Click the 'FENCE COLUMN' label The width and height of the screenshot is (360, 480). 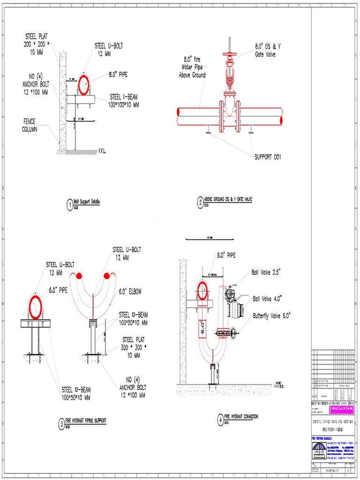[x=30, y=125]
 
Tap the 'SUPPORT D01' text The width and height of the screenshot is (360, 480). [x=268, y=157]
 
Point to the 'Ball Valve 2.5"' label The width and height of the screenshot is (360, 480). [x=266, y=272]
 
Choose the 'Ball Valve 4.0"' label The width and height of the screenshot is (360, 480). [x=267, y=298]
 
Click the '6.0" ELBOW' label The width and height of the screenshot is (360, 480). [x=130, y=292]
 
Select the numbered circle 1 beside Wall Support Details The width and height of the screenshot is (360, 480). [x=70, y=204]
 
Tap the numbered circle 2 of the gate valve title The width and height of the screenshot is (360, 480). [x=200, y=202]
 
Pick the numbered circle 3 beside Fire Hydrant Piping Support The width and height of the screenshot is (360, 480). [x=61, y=424]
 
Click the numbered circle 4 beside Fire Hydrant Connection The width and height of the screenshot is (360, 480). [x=220, y=419]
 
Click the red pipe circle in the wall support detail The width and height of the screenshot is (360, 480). [x=86, y=84]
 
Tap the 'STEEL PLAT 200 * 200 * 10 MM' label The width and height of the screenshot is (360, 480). [x=36, y=44]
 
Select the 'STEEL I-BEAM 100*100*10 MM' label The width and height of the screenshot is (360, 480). [x=124, y=101]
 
